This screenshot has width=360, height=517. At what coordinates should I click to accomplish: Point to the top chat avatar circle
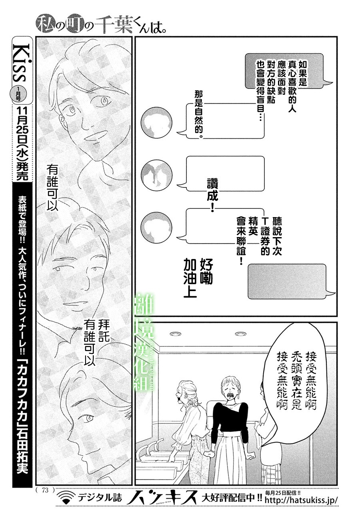(x=156, y=122)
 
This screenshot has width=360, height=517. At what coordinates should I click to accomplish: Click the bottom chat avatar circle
(x=156, y=228)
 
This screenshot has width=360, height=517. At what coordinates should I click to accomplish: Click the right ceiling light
(x=241, y=333)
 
